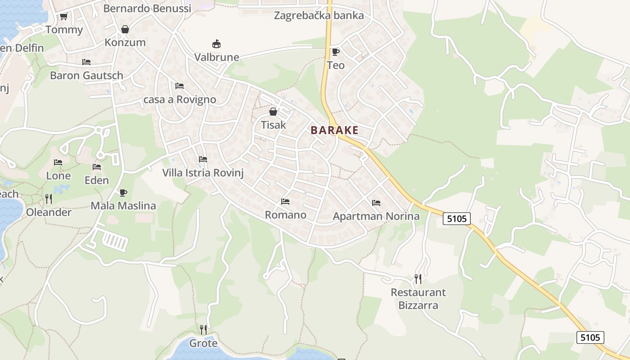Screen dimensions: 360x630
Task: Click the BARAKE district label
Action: [x=334, y=130]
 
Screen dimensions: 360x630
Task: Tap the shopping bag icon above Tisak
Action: [x=273, y=112]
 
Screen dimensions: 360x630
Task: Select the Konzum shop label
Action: [x=125, y=43]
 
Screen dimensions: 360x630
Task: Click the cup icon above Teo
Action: [x=335, y=52]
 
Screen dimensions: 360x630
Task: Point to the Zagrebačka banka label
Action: [x=319, y=16]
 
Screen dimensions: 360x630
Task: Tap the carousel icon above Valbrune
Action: [x=216, y=44]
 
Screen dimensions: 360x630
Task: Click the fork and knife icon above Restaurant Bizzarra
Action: [x=418, y=279]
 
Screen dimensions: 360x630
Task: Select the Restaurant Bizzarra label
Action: [x=418, y=299]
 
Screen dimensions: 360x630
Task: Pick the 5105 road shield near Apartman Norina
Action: [x=457, y=219]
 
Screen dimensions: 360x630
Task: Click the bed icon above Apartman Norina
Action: [x=376, y=203]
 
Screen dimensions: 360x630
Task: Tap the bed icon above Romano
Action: [x=285, y=202]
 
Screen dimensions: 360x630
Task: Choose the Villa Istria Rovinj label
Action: [x=202, y=173]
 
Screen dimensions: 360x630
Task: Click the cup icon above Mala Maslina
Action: [x=123, y=193]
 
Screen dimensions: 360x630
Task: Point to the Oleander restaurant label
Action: [x=49, y=212]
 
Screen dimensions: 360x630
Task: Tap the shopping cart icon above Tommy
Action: [x=64, y=17]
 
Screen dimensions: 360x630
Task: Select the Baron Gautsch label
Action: [x=86, y=76]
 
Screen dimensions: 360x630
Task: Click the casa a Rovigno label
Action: [x=180, y=99]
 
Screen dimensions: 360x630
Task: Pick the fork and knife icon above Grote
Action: [x=203, y=330]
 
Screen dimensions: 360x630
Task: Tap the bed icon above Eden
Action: [x=97, y=167]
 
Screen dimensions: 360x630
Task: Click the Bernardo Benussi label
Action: [x=147, y=8]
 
